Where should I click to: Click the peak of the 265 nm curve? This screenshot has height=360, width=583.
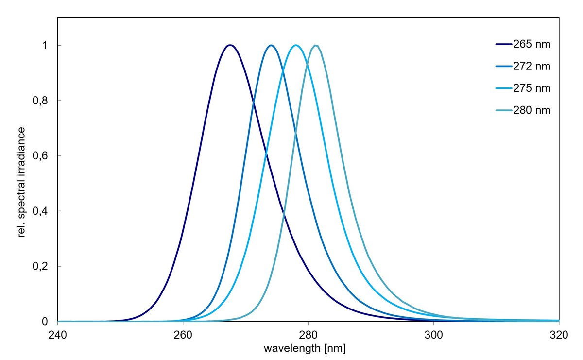(230, 45)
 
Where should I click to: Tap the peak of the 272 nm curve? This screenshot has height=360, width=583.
(271, 45)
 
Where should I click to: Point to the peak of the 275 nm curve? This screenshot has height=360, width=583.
(296, 45)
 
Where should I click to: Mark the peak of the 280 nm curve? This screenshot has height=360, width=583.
(316, 45)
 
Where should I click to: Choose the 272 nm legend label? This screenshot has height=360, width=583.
(532, 67)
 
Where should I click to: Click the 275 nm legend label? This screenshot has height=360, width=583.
(532, 88)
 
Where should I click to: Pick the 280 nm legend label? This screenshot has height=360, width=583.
(532, 110)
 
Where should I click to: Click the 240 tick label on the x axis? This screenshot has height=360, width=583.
(57, 334)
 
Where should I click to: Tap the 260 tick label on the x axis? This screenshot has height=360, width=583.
(183, 334)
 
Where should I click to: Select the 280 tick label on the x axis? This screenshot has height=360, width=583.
(308, 334)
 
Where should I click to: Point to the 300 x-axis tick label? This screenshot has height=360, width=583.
(433, 334)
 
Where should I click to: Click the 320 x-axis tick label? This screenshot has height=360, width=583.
(559, 334)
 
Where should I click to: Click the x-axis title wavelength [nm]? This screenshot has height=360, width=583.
(305, 348)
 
